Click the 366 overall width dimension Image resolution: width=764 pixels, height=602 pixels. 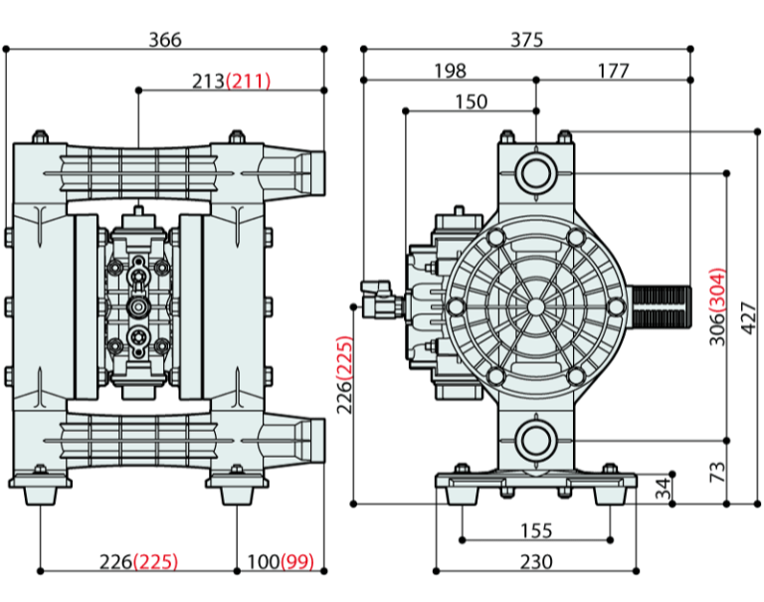click(165, 40)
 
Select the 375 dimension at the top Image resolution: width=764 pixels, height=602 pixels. click(527, 40)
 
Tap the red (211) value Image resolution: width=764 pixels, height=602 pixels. click(249, 81)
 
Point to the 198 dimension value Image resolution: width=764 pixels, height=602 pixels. click(450, 71)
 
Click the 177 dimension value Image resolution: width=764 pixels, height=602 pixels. click(614, 71)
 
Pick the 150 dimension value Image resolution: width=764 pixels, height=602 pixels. click(471, 101)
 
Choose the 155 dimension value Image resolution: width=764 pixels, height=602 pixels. click(536, 529)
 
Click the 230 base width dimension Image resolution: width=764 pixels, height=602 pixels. click(536, 561)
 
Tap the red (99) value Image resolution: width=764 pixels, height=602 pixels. click(296, 562)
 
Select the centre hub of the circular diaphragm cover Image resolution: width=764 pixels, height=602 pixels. click(537, 304)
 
